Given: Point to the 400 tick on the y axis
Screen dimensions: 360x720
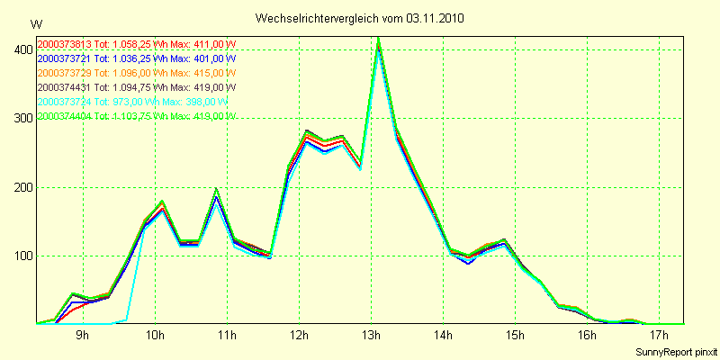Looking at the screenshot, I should pos(20,50).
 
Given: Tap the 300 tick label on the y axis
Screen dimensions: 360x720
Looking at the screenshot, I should pos(20,119).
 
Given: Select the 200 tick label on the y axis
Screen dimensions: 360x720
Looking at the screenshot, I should pos(20,187).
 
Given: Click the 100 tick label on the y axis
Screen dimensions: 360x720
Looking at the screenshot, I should pos(20,256).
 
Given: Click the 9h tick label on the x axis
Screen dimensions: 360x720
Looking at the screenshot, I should pos(82,336).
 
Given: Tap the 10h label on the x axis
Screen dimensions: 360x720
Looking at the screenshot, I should pos(156,336).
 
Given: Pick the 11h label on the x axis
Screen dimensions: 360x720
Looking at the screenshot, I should pos(228,336).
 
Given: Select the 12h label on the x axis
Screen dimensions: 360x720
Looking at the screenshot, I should pos(300,336).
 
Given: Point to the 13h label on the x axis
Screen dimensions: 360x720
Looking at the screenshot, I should pos(372,336).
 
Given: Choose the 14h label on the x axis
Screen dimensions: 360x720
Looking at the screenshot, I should pos(444,336).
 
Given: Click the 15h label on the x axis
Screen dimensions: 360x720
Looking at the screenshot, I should pos(516,336).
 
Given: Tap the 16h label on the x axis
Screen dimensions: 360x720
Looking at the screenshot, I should pos(588,336).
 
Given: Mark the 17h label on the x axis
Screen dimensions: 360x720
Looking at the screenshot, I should pos(660,336).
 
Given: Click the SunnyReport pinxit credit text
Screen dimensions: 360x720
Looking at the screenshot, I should pos(675,350).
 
